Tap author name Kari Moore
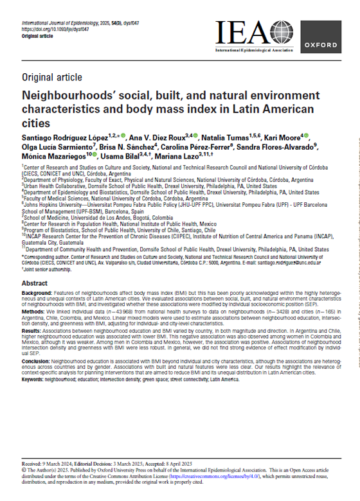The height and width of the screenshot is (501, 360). point(278,138)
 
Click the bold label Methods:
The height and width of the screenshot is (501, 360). point(36,311)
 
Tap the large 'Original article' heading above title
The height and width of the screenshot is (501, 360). point(52,78)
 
